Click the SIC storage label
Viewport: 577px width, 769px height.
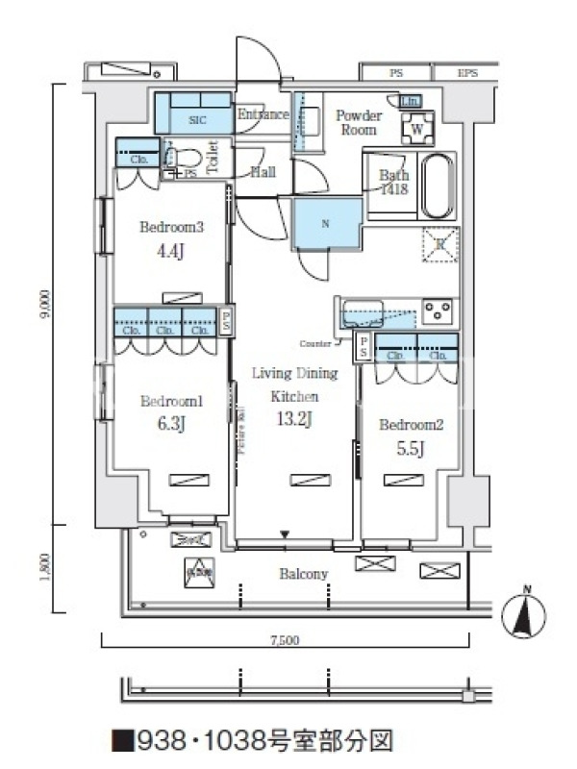[197, 120]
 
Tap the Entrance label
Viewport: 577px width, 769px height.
[263, 114]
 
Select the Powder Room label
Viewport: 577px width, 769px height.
[359, 122]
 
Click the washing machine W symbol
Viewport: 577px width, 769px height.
[418, 128]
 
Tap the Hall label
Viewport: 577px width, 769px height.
[263, 173]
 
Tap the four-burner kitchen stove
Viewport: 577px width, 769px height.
[439, 310]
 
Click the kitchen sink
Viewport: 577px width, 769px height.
[364, 310]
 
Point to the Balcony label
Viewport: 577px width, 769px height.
[304, 574]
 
